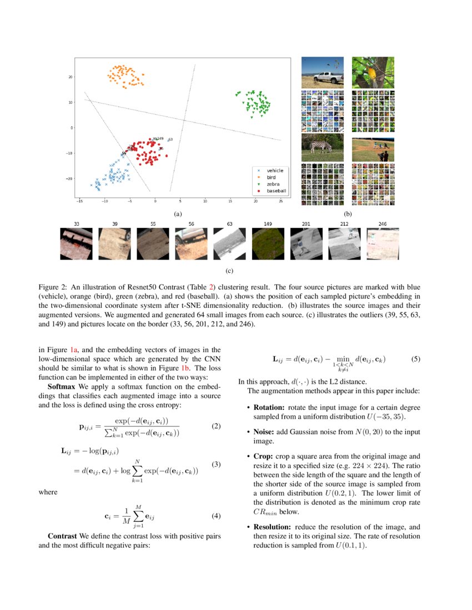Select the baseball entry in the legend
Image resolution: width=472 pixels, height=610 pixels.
coord(276,191)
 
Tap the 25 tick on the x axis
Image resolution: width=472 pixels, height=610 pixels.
coord(281,201)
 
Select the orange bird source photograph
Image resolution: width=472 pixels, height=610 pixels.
coord(373,72)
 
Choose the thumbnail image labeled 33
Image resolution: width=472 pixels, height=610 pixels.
coord(76,245)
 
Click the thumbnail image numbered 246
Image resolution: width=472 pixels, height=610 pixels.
coord(383,245)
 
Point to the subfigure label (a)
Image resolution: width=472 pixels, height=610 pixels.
coord(177,213)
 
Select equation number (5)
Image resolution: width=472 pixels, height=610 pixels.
coord(416,359)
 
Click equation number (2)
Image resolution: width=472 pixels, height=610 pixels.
coord(216,426)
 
